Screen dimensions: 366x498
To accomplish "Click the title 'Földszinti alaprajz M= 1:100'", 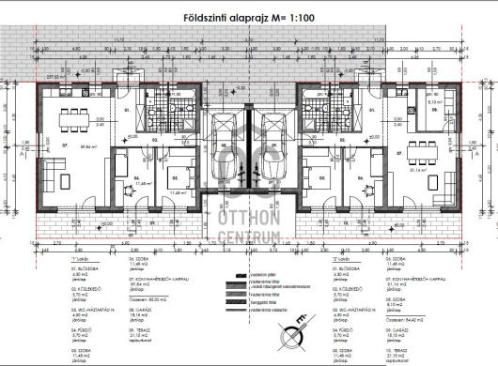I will (249, 17).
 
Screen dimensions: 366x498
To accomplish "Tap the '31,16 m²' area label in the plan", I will (443, 171).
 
